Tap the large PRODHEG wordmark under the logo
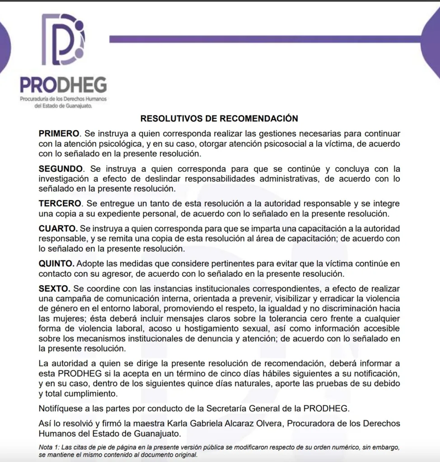63,85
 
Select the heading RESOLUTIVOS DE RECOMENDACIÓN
219,119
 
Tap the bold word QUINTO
56,263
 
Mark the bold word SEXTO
55,288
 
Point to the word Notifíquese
62,409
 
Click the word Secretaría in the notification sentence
227,409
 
